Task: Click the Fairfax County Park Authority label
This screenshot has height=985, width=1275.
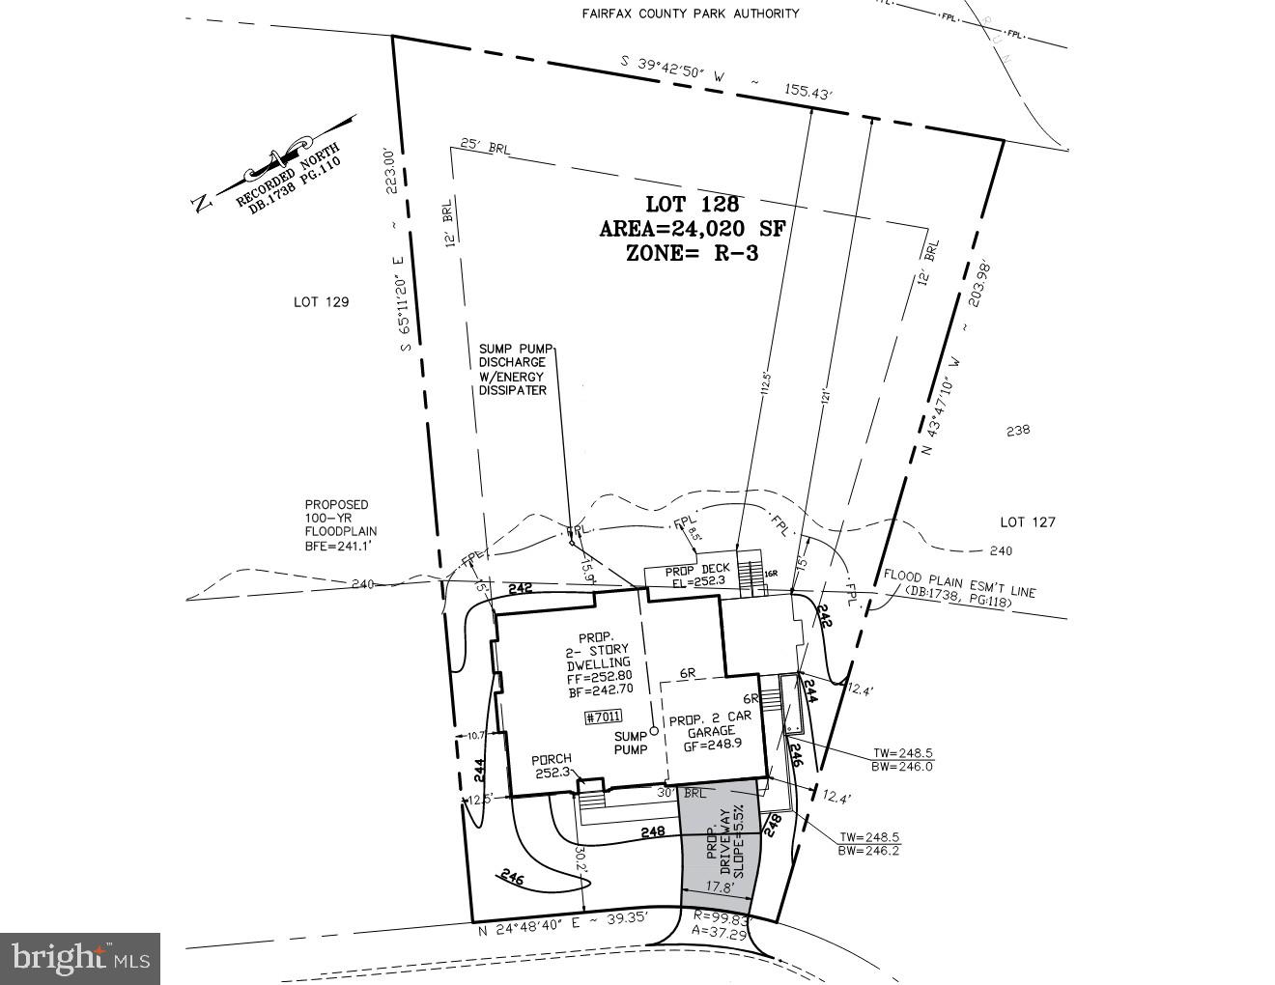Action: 690,14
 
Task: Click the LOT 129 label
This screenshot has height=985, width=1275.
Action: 321,302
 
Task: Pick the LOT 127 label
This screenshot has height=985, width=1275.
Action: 1027,522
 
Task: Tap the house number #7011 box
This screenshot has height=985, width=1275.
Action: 604,717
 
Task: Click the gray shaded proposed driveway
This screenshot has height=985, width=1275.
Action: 720,850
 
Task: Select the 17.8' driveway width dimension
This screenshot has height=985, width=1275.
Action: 716,886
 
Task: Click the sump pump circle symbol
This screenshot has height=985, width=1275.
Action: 654,731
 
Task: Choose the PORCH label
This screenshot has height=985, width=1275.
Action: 552,759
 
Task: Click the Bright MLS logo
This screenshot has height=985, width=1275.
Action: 80,958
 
